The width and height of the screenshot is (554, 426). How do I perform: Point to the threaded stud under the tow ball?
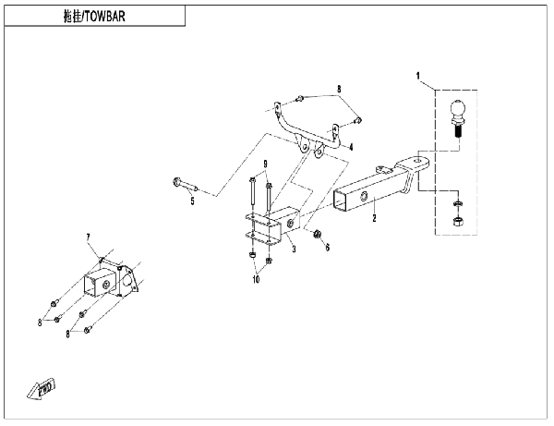pos(458,133)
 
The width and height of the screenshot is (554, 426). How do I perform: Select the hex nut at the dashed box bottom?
pos(458,222)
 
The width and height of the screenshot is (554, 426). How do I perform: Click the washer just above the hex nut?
pos(458,202)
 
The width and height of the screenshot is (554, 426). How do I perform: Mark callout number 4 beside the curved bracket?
pos(350,146)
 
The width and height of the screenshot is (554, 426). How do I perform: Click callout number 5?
pos(192,201)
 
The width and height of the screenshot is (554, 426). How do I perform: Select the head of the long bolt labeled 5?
pos(175,181)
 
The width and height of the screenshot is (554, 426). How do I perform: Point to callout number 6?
pos(326,248)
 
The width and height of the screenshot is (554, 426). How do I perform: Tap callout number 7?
pos(90,238)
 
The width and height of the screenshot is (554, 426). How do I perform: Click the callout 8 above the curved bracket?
pos(339,89)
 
